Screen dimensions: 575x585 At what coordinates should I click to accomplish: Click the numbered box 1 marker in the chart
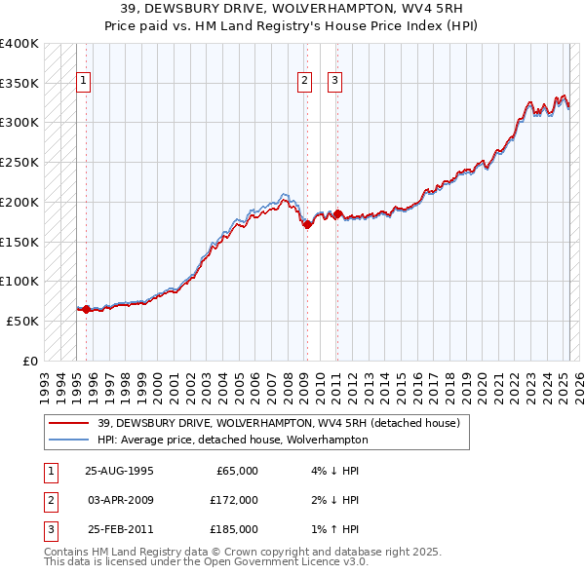(x=85, y=81)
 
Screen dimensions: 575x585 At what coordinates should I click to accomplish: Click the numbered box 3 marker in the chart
(x=335, y=81)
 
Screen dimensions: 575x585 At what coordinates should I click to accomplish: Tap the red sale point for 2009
(x=306, y=224)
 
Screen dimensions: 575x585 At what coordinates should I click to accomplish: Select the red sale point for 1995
(x=86, y=309)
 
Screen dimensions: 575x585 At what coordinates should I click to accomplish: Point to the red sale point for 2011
(x=336, y=213)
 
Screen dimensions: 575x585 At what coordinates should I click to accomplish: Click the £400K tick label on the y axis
(x=19, y=44)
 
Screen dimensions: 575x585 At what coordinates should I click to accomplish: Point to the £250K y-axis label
(x=19, y=163)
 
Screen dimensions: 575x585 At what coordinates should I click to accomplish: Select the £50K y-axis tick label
(x=23, y=321)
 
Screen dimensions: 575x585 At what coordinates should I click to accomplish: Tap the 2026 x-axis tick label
(x=575, y=380)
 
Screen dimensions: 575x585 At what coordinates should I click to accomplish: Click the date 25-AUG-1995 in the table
(x=119, y=471)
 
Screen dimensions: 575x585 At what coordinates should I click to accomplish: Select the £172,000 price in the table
(x=234, y=500)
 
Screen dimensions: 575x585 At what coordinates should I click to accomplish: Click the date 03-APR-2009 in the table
(x=119, y=500)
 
